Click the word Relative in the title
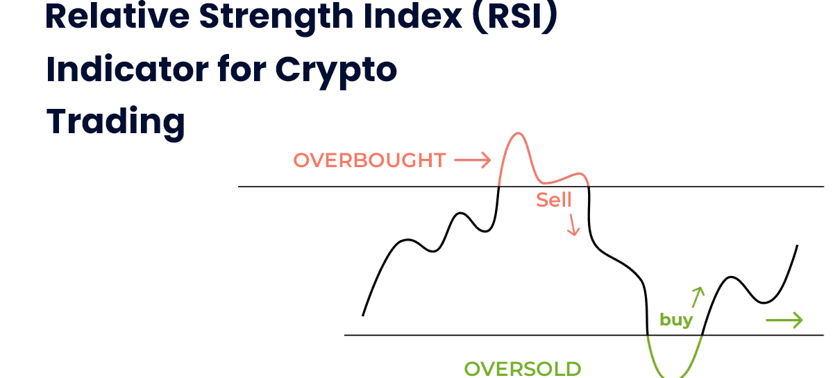(x=117, y=16)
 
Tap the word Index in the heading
(x=412, y=16)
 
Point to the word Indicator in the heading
(x=127, y=69)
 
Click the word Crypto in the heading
(x=336, y=71)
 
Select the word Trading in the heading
(x=116, y=123)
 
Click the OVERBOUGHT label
(x=369, y=161)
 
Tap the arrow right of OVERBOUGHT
(x=472, y=160)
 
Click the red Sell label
(x=553, y=200)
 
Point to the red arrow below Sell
(x=573, y=225)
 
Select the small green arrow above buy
(x=698, y=298)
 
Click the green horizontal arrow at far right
(x=784, y=320)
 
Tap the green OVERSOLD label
(x=523, y=369)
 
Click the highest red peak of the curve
(x=518, y=133)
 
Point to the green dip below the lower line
(x=674, y=376)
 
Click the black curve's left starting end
(x=363, y=316)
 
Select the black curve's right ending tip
(x=798, y=246)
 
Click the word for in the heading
(x=242, y=69)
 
